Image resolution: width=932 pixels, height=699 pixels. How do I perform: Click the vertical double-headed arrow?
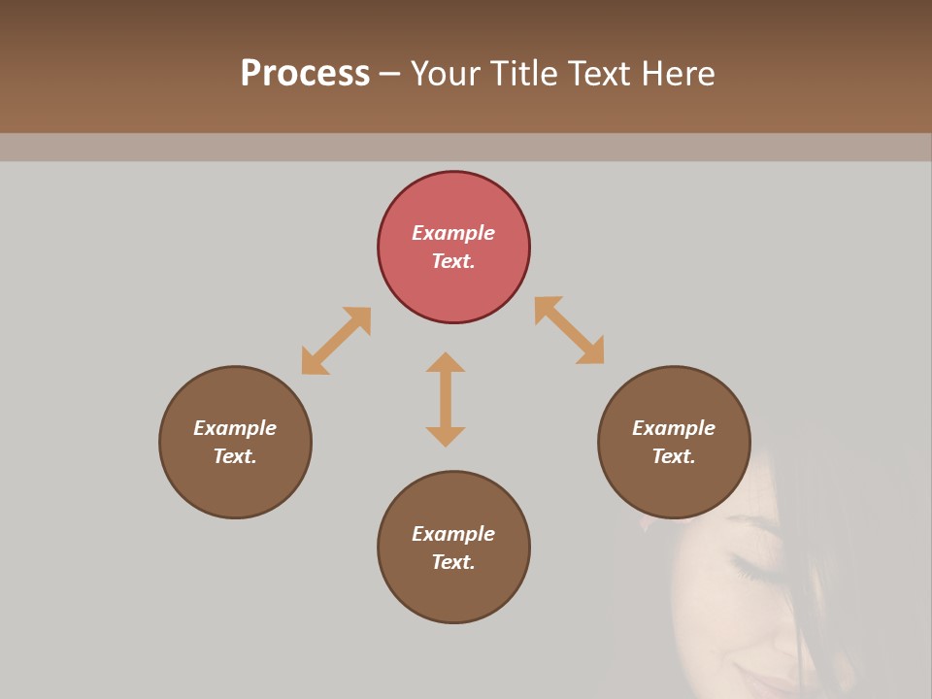(446, 399)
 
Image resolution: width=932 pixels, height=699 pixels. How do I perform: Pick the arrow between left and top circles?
(336, 341)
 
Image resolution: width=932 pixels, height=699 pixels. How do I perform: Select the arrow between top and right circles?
(569, 330)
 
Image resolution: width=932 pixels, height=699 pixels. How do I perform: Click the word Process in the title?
(305, 73)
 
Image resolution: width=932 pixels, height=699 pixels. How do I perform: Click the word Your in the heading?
(448, 73)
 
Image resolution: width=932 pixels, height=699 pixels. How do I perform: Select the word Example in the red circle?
(453, 233)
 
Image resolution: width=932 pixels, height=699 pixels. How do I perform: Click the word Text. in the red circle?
(453, 261)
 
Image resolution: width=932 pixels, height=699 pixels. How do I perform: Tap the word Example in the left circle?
(235, 428)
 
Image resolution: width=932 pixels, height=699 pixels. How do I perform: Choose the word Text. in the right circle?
(674, 456)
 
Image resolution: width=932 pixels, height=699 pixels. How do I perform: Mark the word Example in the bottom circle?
(453, 534)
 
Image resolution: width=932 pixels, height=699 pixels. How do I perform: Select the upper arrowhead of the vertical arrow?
(446, 363)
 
